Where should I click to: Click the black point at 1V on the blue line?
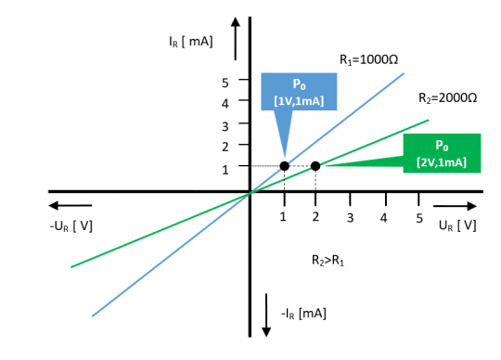click(x=284, y=166)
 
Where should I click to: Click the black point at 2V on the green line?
click(x=315, y=166)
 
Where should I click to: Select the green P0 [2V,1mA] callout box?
click(x=441, y=153)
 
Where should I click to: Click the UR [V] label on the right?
click(x=457, y=225)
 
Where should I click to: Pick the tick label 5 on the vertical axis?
click(x=225, y=82)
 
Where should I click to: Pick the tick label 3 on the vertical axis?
click(x=225, y=124)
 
